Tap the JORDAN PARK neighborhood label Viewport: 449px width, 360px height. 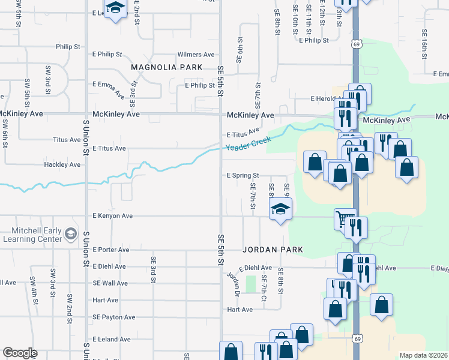pyautogui.click(x=273, y=249)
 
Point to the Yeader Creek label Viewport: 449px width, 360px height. pyautogui.click(x=249, y=144)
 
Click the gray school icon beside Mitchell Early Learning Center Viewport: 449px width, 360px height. pyautogui.click(x=71, y=233)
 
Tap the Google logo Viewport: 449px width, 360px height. pyautogui.click(x=20, y=353)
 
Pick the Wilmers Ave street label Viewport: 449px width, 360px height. pyautogui.click(x=196, y=54)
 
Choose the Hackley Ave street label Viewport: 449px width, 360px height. pyautogui.click(x=62, y=164)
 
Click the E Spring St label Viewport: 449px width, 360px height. pyautogui.click(x=242, y=176)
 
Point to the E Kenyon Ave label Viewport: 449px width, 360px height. pyautogui.click(x=112, y=216)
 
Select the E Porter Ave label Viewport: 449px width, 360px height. pyautogui.click(x=110, y=250)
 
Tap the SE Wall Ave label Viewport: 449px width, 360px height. pyautogui.click(x=110, y=283)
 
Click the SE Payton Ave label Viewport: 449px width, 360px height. pyautogui.click(x=113, y=317)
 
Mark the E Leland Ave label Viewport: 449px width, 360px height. pyautogui.click(x=111, y=339)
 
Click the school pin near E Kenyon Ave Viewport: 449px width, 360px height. pyautogui.click(x=280, y=210)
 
